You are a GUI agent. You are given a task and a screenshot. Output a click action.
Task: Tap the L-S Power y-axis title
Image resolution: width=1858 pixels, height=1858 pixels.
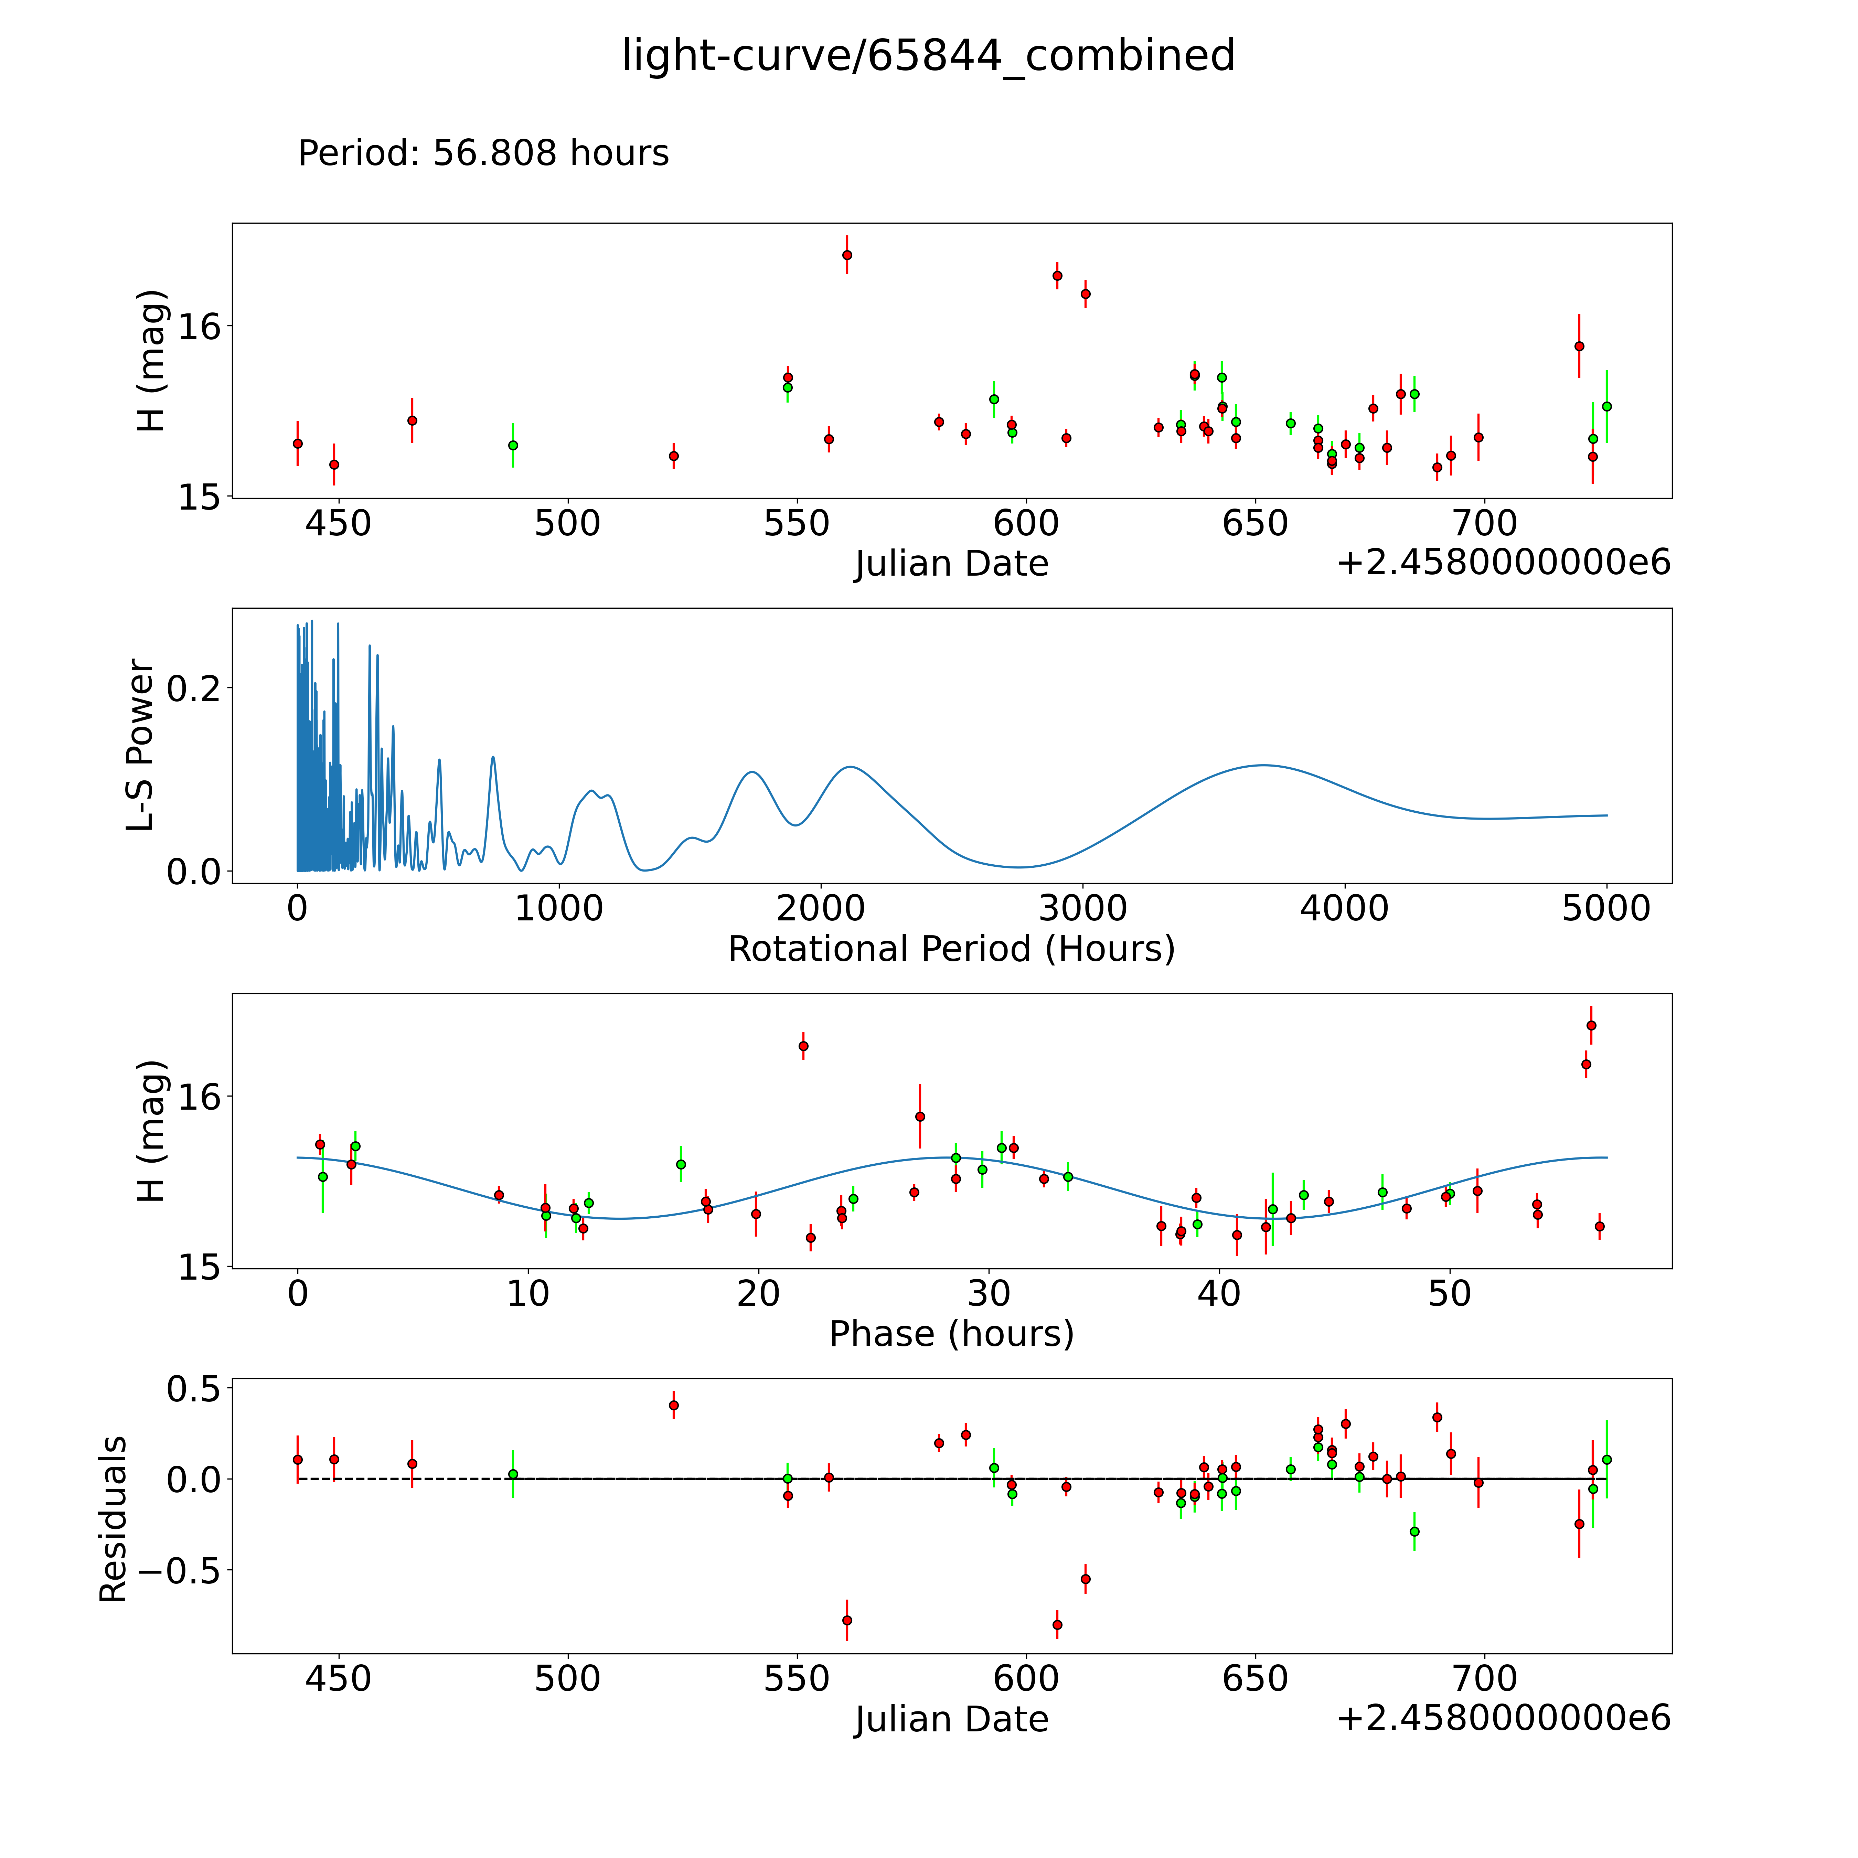pyautogui.click(x=140, y=745)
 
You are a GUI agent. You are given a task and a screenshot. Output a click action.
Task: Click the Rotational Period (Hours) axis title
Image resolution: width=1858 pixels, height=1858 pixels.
pyautogui.click(x=951, y=949)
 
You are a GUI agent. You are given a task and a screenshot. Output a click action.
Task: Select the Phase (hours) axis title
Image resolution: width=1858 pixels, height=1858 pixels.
pyautogui.click(x=951, y=1334)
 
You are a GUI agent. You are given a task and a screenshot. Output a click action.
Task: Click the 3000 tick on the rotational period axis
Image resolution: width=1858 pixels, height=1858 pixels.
pyautogui.click(x=1083, y=908)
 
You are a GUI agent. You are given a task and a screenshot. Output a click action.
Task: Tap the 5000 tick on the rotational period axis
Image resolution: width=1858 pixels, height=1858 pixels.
pyautogui.click(x=1606, y=908)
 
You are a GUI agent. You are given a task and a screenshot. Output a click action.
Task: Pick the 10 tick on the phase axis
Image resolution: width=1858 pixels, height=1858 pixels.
pyautogui.click(x=528, y=1293)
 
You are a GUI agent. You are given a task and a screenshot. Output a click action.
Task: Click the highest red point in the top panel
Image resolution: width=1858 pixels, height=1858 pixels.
pyautogui.click(x=846, y=255)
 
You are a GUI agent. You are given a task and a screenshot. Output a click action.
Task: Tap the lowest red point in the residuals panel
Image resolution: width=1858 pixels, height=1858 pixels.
pyautogui.click(x=1057, y=1624)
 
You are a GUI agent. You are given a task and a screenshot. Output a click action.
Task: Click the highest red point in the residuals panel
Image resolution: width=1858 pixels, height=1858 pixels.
pyautogui.click(x=673, y=1405)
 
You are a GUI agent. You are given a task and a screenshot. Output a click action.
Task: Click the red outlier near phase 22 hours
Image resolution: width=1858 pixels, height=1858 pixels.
pyautogui.click(x=803, y=1045)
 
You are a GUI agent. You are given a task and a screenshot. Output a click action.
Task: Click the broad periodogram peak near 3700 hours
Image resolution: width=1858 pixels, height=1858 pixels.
pyautogui.click(x=1263, y=766)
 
